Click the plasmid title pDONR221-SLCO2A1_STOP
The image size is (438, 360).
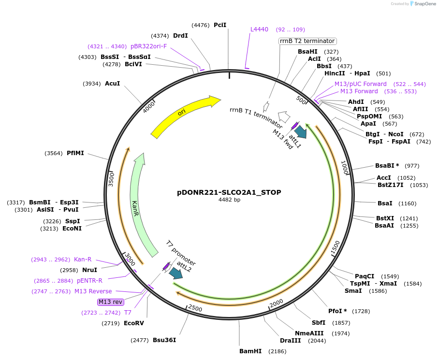[229, 192]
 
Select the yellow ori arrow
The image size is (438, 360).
[184, 115]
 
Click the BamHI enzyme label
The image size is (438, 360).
[250, 351]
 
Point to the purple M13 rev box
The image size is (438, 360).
[111, 302]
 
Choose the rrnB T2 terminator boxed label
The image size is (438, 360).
[307, 41]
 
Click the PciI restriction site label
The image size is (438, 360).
[220, 25]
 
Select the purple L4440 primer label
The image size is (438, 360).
[259, 29]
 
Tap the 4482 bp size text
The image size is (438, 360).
[229, 200]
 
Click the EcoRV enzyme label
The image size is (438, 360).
[134, 323]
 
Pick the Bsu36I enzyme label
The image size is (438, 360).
[164, 340]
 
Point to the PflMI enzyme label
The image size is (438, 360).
[75, 153]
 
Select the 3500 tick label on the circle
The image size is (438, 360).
[111, 178]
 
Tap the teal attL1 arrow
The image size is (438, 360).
[301, 131]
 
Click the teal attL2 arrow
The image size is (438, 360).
[175, 273]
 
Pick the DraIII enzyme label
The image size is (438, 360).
[291, 341]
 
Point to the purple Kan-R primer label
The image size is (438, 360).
[83, 259]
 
